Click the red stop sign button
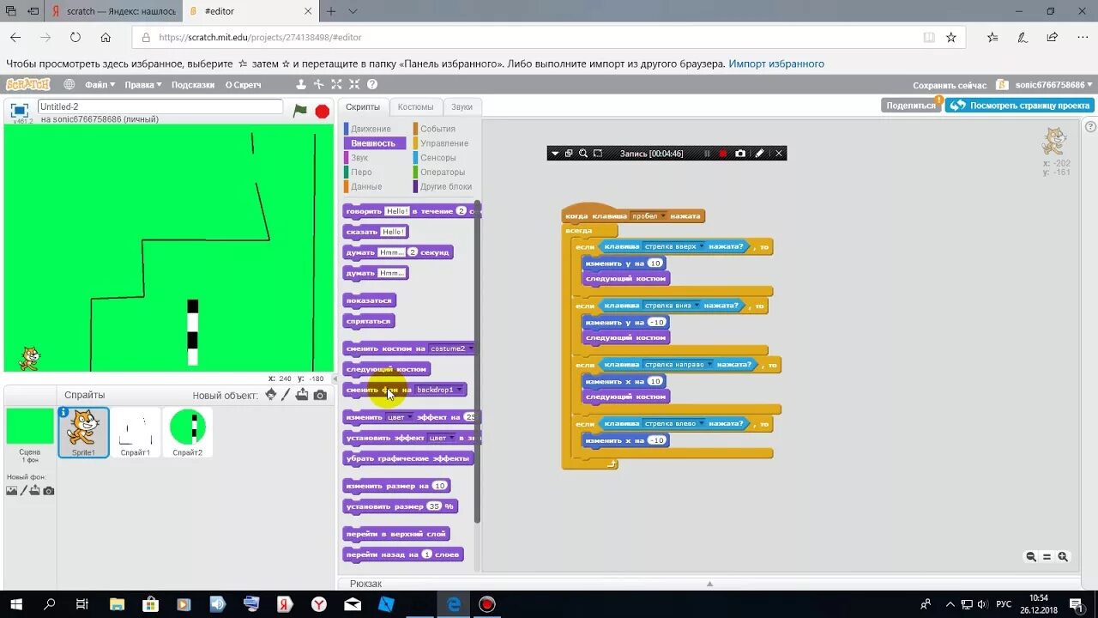click(x=323, y=111)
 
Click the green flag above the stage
click(x=299, y=111)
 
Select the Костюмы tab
click(x=415, y=106)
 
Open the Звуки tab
click(x=462, y=106)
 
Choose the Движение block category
click(x=370, y=129)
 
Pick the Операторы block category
click(x=443, y=172)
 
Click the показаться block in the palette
click(x=368, y=300)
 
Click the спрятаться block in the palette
click(x=368, y=321)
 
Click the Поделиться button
click(x=910, y=106)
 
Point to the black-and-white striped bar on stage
click(x=192, y=332)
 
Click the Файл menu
click(x=99, y=85)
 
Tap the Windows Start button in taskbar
click(x=15, y=604)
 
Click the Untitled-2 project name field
click(x=160, y=106)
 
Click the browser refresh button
click(x=75, y=37)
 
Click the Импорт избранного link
click(x=776, y=64)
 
